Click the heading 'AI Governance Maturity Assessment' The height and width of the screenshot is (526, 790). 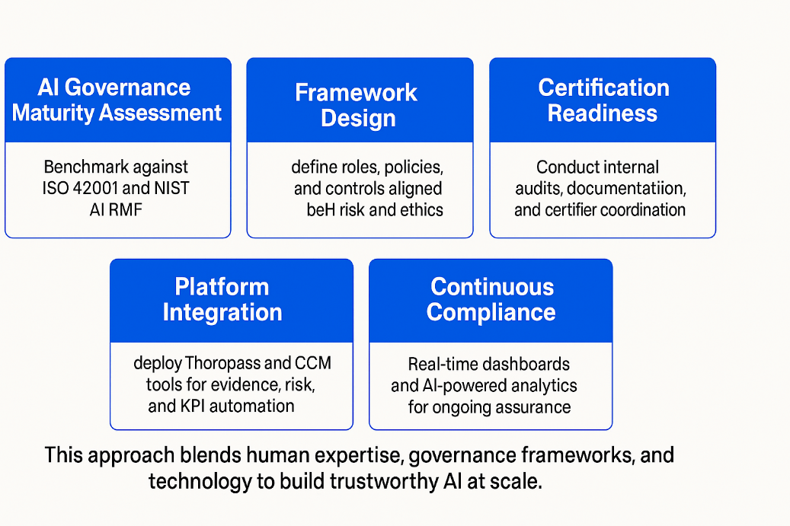[117, 100]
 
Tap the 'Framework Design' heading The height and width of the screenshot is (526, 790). [357, 105]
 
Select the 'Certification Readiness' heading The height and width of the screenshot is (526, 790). [603, 100]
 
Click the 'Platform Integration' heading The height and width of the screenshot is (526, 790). [222, 299]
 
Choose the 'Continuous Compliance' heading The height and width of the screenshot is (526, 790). [491, 299]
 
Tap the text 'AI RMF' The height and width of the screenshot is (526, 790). [117, 209]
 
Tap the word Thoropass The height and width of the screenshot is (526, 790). [228, 363]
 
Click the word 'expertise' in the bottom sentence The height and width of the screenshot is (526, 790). [361, 455]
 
